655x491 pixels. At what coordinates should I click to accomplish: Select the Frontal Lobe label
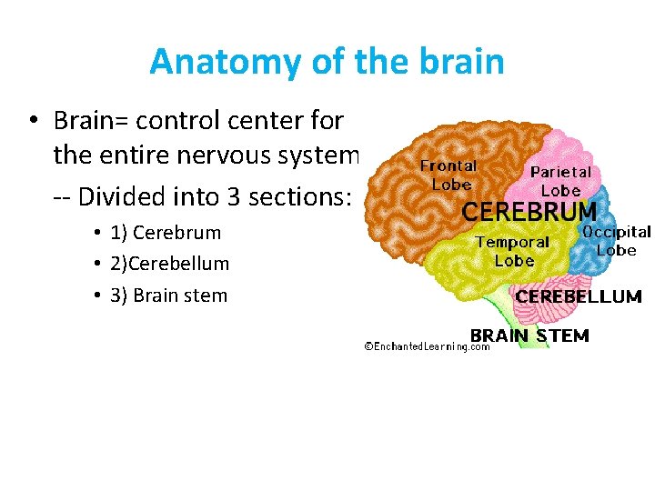pyautogui.click(x=448, y=175)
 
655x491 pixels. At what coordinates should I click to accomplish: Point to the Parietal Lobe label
pyautogui.click(x=560, y=181)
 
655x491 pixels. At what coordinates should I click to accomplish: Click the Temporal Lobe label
pyautogui.click(x=513, y=251)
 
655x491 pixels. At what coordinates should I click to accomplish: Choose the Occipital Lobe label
pyautogui.click(x=617, y=241)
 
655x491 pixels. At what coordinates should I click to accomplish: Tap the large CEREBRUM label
pyautogui.click(x=530, y=212)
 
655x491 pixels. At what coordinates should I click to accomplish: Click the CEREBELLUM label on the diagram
pyautogui.click(x=579, y=296)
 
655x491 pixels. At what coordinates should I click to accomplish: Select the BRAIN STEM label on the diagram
pyautogui.click(x=529, y=335)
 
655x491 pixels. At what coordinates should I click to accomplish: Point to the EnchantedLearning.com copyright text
pyautogui.click(x=427, y=346)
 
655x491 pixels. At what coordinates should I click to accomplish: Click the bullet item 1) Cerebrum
pyautogui.click(x=166, y=232)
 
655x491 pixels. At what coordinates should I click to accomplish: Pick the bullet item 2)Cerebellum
pyautogui.click(x=169, y=264)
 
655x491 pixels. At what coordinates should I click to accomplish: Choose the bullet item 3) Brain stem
pyautogui.click(x=168, y=295)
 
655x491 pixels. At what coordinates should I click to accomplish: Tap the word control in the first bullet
pyautogui.click(x=195, y=119)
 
